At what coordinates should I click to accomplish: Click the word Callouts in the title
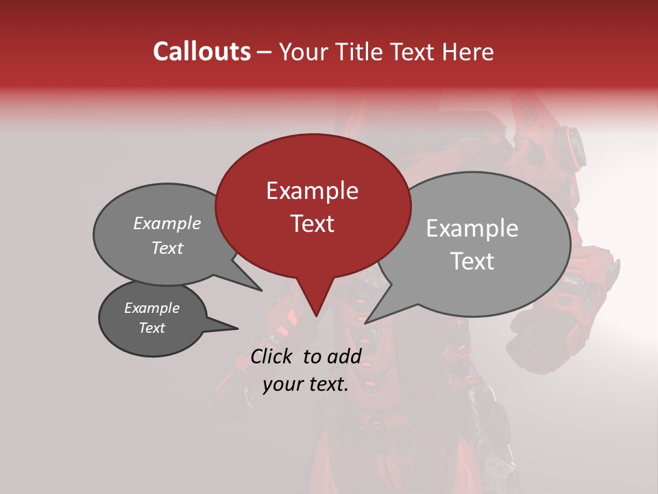pos(202,51)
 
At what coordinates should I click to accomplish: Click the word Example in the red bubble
pos(312,191)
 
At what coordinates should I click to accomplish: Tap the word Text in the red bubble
pos(312,224)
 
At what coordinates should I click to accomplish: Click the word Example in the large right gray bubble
pos(472,228)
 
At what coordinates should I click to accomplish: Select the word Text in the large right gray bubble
pos(472,261)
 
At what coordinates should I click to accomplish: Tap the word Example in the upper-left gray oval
pos(167,224)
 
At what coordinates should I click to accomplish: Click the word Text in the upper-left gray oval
pos(167,248)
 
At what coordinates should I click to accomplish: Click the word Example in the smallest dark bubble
pos(151,308)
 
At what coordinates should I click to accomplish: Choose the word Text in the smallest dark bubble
pos(151,328)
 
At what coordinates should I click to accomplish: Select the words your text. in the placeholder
pos(305,384)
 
